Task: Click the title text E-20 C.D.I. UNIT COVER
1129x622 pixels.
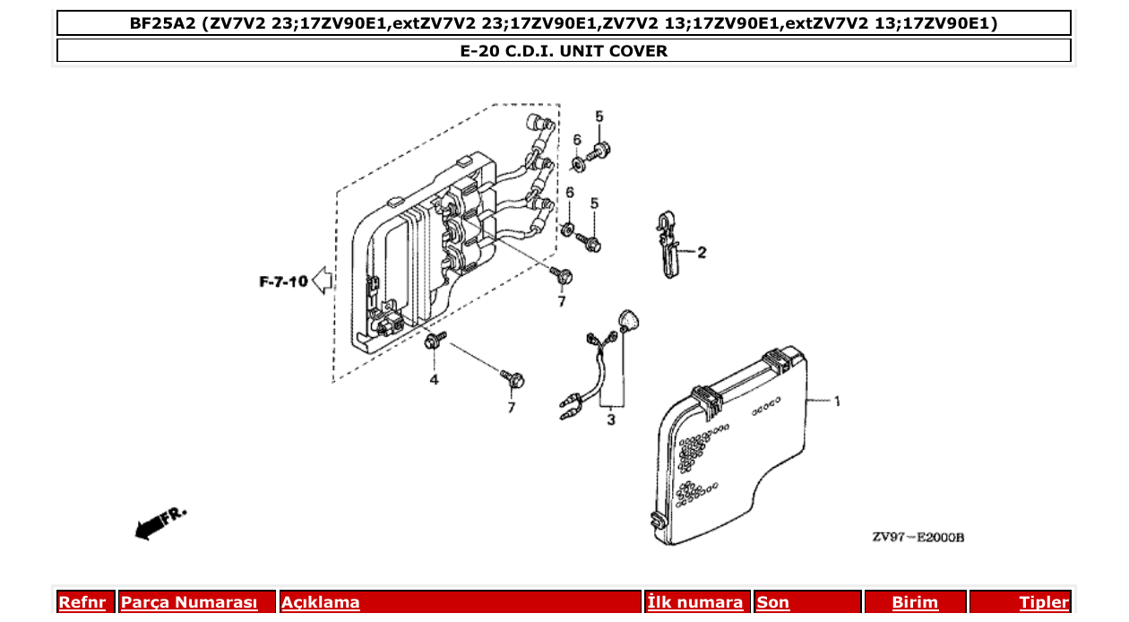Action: pos(564,51)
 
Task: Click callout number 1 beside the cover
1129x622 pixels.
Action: pos(837,402)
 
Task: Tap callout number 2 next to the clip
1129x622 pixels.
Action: pos(702,253)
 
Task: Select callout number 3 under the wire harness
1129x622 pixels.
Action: pos(610,419)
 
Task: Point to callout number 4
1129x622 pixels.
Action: pos(434,380)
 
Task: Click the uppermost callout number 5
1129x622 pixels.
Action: pos(599,117)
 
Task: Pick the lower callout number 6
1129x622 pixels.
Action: pos(569,194)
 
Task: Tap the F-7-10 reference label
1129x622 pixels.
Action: pos(283,281)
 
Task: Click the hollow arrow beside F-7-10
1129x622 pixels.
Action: pos(323,281)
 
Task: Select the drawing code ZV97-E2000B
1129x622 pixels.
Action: pos(918,538)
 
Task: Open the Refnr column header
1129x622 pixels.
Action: pos(82,602)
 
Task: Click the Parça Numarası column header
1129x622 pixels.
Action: pos(189,602)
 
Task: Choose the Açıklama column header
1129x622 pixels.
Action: pos(321,602)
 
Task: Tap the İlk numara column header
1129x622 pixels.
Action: pos(695,602)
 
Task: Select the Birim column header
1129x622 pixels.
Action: pos(915,602)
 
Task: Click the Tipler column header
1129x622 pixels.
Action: pos(1044,602)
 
